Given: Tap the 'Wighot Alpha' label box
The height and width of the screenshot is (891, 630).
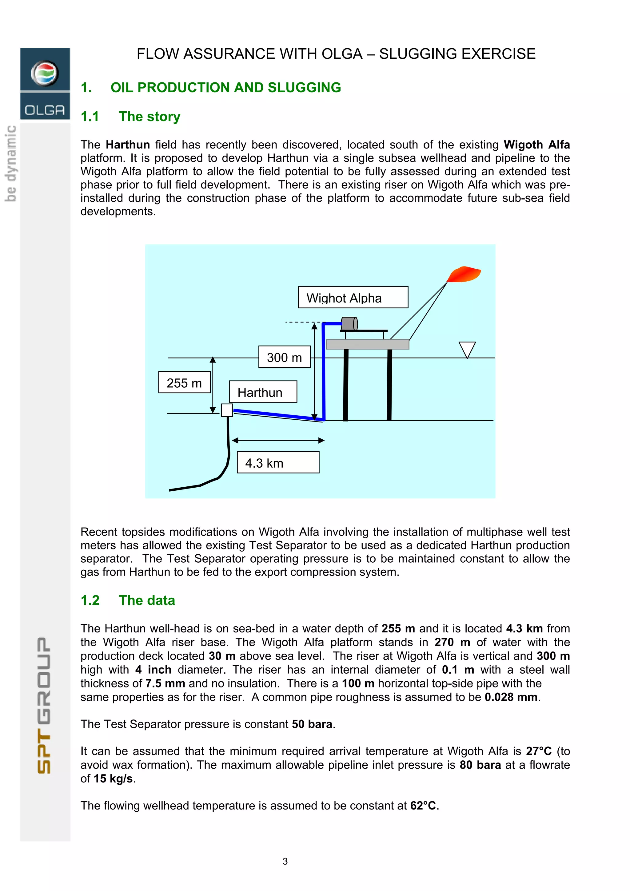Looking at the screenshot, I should (353, 297).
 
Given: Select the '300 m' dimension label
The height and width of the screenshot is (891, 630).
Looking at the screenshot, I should (284, 357).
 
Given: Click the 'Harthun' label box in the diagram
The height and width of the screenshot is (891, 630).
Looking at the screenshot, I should (263, 392).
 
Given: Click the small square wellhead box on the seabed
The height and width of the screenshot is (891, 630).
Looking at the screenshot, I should (227, 410).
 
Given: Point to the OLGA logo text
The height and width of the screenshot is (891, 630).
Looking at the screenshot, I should (45, 110).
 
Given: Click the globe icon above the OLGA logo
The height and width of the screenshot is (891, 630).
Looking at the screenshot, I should (45, 73).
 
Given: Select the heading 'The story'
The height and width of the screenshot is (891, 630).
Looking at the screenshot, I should (150, 117).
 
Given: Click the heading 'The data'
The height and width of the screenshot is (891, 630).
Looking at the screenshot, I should (147, 600).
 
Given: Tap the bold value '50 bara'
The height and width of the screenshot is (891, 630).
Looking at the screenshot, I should (312, 724).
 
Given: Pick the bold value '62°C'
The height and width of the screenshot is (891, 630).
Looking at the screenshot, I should (423, 806).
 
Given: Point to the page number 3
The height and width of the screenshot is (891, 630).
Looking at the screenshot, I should (285, 861).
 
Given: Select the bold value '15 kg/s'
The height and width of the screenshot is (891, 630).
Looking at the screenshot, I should (113, 778).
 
